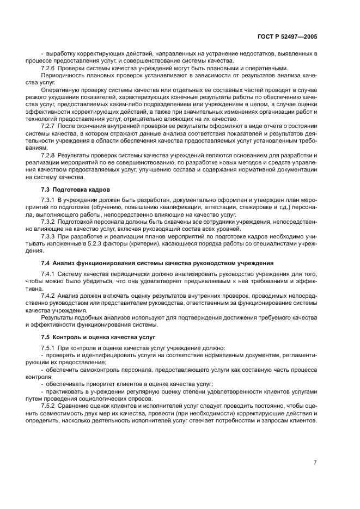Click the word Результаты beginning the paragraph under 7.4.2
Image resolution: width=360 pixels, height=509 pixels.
57,317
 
